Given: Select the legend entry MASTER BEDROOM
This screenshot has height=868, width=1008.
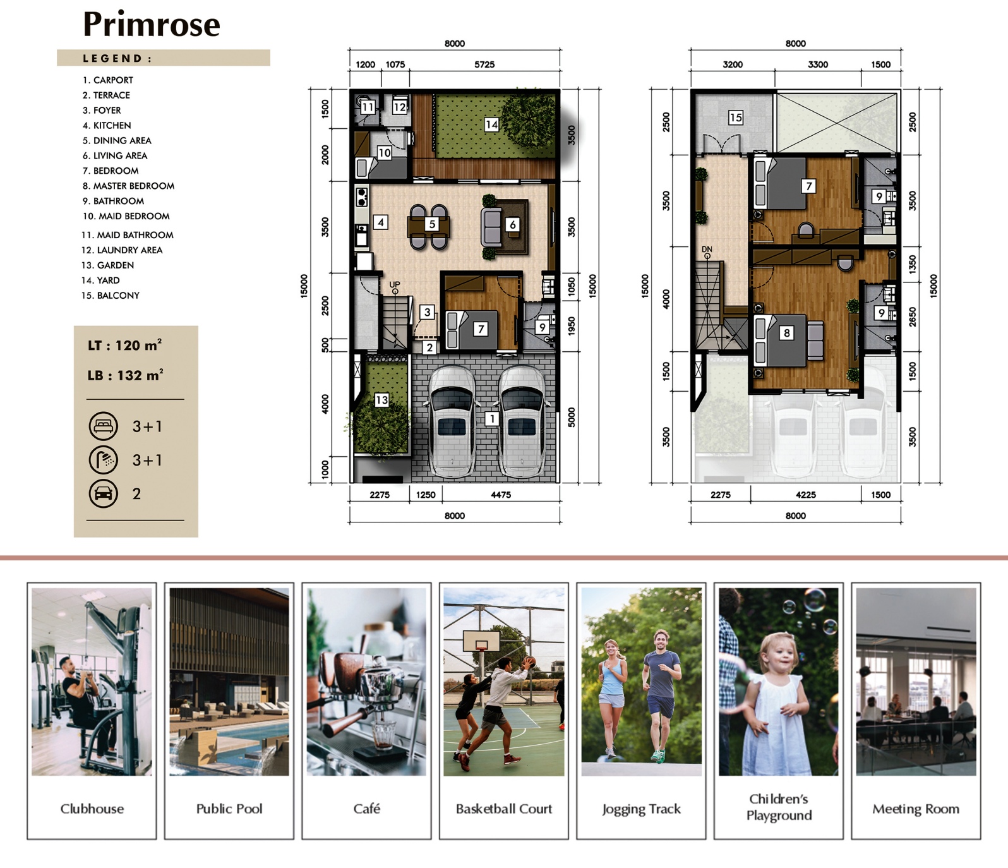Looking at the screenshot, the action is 128,186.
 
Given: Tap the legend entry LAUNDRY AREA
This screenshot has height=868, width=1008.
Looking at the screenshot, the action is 122,250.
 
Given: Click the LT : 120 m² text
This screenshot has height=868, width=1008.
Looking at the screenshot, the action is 125,345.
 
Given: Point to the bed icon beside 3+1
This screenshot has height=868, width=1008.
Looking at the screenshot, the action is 103,426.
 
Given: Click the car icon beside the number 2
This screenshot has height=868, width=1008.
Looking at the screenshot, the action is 103,493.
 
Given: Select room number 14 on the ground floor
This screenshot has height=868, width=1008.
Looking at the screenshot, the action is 491,124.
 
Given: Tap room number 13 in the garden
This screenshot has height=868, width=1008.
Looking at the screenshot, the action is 381,400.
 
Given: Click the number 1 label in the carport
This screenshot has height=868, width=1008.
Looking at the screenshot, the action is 493,418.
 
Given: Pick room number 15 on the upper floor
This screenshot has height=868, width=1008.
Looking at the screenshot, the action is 735,118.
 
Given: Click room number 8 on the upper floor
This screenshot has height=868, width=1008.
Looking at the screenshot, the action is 786,333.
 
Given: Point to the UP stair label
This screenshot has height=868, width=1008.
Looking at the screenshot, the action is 395,284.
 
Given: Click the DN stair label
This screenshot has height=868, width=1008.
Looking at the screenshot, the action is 707,250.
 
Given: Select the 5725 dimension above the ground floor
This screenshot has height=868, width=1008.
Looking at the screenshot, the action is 484,64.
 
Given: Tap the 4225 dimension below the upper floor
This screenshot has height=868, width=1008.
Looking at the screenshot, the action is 805,495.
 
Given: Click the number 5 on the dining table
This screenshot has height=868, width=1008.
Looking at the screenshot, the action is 432,224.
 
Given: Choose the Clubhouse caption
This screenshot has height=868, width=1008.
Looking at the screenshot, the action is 92,809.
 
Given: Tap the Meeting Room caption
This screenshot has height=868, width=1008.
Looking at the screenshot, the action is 916,809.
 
